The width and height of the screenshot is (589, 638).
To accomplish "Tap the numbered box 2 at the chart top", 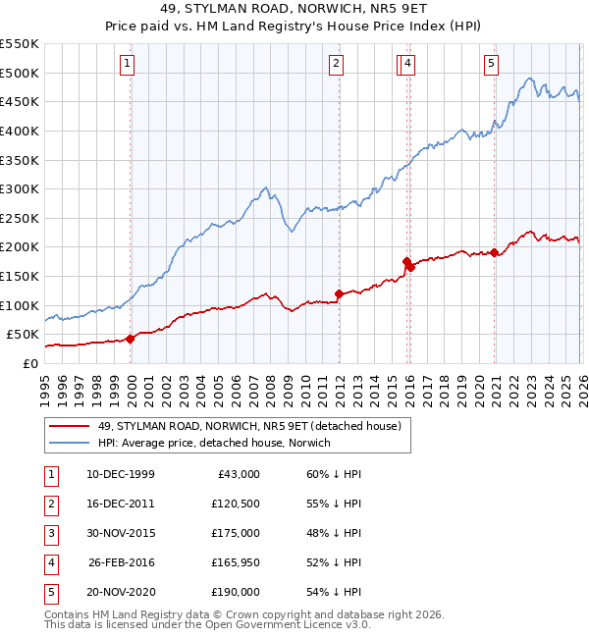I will [x=337, y=65].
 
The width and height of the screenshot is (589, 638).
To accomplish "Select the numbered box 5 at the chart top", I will [x=491, y=65].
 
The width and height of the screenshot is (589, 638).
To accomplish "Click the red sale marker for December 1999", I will [x=131, y=339].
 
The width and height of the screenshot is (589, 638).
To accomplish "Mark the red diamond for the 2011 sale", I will [x=339, y=293].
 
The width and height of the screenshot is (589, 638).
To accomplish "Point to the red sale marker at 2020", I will [x=494, y=253].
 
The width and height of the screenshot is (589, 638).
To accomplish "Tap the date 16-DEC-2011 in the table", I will [x=120, y=504].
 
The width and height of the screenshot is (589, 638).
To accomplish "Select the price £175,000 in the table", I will [x=236, y=533].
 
